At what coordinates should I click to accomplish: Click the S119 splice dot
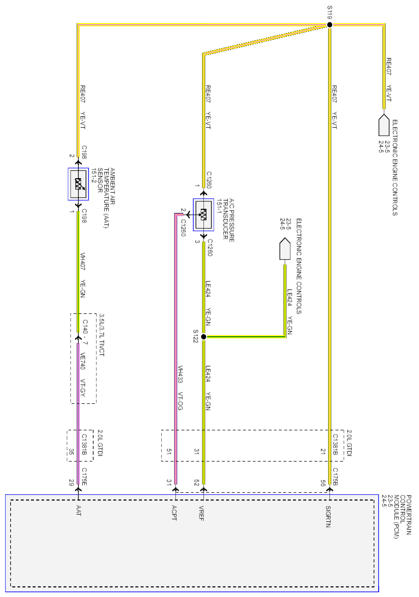click(x=329, y=25)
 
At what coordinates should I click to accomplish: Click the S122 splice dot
click(x=204, y=337)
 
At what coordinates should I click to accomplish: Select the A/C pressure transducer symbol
click(x=203, y=215)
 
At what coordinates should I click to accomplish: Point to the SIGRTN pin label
click(x=328, y=516)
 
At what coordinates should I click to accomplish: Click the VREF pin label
click(x=201, y=513)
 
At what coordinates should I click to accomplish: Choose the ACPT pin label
click(x=174, y=513)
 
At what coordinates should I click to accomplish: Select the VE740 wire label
click(x=83, y=361)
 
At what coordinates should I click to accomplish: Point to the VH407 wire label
click(x=83, y=261)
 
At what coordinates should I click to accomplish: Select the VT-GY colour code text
click(x=83, y=388)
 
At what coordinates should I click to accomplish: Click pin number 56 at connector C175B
click(x=323, y=483)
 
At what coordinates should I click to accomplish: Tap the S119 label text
click(x=330, y=12)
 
